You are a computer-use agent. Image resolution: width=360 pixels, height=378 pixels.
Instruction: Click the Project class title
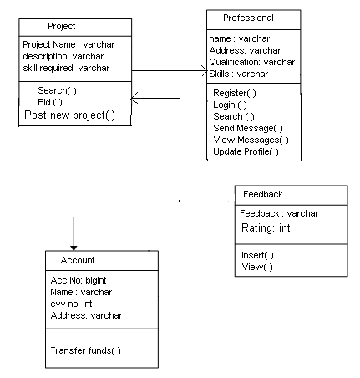click(x=62, y=26)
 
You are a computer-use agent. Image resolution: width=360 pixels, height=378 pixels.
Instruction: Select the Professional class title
click(x=248, y=18)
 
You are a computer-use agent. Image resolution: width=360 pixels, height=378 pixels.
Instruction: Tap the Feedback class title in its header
click(x=263, y=194)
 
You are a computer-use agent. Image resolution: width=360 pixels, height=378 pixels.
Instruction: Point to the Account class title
click(x=78, y=260)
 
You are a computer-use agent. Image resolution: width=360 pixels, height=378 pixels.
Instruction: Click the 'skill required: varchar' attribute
click(x=66, y=68)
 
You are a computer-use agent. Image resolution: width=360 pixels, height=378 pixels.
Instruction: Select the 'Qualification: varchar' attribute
click(x=252, y=62)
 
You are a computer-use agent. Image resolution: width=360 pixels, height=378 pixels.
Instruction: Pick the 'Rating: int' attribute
click(x=266, y=228)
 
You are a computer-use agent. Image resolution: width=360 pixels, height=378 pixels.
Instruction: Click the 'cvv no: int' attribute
click(x=71, y=304)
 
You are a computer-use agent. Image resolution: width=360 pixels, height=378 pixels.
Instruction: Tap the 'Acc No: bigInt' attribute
click(x=79, y=280)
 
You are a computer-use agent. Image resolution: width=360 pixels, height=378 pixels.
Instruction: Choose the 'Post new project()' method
click(x=69, y=115)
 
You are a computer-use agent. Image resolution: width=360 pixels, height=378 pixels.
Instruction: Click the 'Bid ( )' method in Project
click(x=50, y=102)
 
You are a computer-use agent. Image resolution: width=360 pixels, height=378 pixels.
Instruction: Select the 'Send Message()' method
click(x=248, y=128)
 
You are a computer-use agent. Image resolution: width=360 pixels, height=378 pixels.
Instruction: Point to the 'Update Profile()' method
click(x=246, y=151)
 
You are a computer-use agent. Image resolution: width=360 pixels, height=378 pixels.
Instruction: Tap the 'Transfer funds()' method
click(x=86, y=350)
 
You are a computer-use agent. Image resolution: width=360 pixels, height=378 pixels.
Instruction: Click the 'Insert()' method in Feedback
click(x=257, y=255)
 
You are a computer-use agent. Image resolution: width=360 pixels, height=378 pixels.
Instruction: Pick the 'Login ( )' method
click(x=230, y=105)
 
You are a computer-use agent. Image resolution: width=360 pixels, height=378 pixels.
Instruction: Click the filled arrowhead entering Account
click(x=74, y=248)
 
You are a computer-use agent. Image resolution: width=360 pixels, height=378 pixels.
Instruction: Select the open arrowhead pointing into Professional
click(x=205, y=70)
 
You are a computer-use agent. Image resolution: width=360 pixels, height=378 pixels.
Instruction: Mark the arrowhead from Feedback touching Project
click(x=134, y=98)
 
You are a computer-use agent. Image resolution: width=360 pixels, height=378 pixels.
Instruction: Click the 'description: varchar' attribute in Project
click(x=63, y=56)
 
